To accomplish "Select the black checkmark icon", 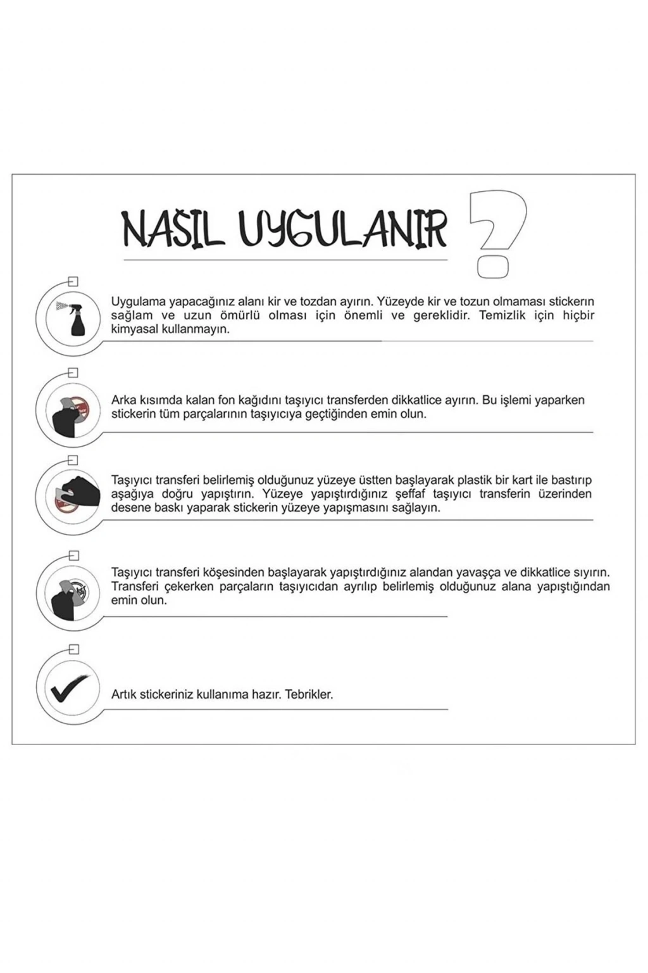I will (x=68, y=690).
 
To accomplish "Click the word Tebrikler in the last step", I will (x=309, y=694).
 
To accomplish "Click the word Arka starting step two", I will (x=123, y=400).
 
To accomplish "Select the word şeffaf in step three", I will (x=412, y=494).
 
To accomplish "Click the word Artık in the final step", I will (x=124, y=694).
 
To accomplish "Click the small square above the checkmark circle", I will (x=74, y=649).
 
